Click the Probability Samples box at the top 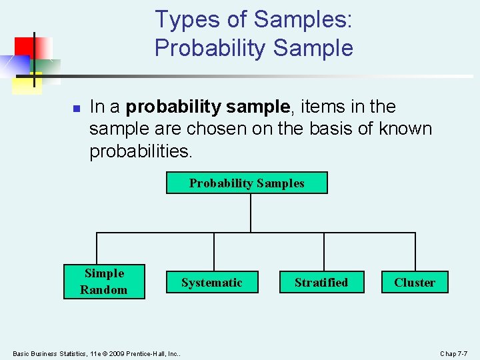(x=247, y=183)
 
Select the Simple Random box (x=104, y=281)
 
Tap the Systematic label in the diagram (x=212, y=283)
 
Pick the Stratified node (x=321, y=283)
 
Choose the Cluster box (x=415, y=283)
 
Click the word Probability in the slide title (x=210, y=48)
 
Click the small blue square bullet (x=76, y=108)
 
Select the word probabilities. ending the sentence (x=141, y=151)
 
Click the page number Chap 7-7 (x=453, y=353)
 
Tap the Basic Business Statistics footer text (x=53, y=353)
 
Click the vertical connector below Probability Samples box (x=251, y=213)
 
